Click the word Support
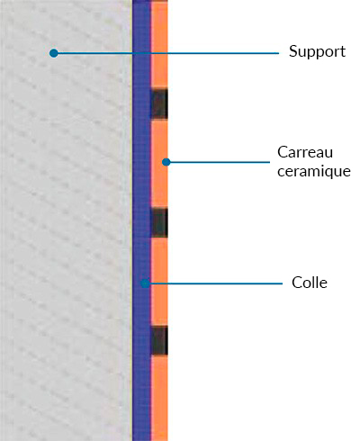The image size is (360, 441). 317,51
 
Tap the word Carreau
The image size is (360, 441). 305,152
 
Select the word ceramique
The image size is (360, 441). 314,171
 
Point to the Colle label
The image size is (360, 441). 310,283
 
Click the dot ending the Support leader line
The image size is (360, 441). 54,53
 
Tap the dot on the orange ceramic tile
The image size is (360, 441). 166,162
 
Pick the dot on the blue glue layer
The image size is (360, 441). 145,283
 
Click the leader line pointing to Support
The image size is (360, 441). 166,53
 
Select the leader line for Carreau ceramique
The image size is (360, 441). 218,162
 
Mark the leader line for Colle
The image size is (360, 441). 214,283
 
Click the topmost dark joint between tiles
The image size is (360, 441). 159,103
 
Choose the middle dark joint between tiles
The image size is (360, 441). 159,222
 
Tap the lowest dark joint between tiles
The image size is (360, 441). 159,340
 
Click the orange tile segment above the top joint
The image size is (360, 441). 159,45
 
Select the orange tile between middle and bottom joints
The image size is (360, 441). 159,282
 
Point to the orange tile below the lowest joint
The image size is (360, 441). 159,398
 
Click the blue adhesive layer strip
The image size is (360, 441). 141,220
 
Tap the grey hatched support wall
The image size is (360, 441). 66,220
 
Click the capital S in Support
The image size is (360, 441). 292,51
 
